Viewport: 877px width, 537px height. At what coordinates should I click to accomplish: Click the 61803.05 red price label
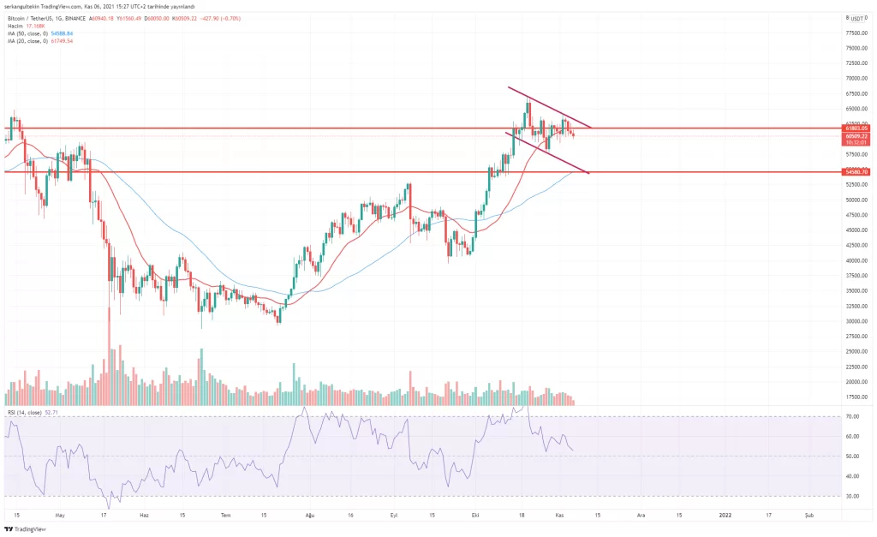pos(856,128)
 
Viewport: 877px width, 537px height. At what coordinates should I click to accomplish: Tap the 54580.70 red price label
pos(856,172)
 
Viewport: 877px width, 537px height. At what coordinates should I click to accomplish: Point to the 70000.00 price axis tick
pos(856,78)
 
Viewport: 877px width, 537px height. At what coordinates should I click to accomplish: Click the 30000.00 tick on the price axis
pos(856,321)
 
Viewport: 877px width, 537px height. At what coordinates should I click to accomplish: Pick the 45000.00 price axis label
pos(856,230)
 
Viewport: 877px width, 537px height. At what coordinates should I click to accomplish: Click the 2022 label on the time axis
pos(725,515)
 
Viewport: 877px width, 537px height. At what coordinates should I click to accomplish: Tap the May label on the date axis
pos(59,515)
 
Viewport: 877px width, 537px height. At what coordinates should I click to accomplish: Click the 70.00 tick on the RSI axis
pos(852,416)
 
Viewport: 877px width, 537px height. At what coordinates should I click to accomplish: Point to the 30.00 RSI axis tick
pos(852,496)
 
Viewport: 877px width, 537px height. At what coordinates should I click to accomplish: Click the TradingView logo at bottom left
pos(26,528)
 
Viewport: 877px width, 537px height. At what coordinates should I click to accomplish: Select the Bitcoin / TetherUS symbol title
pos(27,18)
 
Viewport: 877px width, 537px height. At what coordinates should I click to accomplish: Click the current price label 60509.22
pos(856,136)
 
